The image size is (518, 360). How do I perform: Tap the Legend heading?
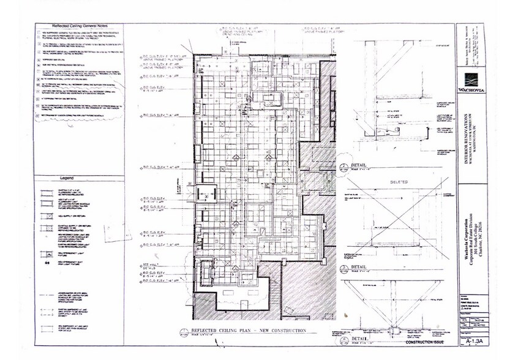coord(67,178)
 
